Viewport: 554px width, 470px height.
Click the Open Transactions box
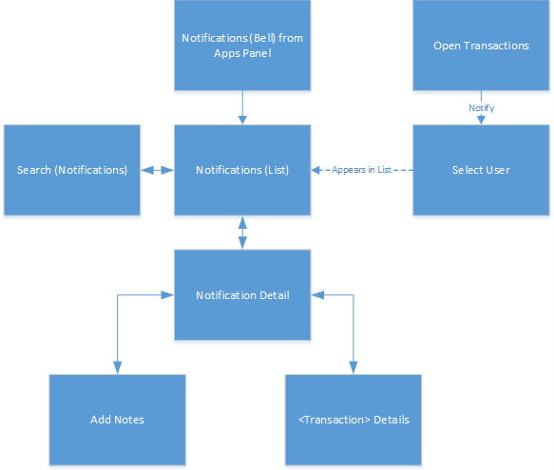pos(481,46)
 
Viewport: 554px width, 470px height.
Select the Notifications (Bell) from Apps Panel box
pos(242,46)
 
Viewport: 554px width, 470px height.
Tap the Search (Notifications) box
pos(72,170)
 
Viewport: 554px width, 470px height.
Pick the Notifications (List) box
pos(242,170)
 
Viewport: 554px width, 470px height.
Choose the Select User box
pos(481,170)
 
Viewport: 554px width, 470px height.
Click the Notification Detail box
pos(242,294)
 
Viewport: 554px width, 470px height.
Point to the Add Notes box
pos(117,420)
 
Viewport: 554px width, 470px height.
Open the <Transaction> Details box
pos(353,420)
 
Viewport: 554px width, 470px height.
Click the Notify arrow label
pos(481,107)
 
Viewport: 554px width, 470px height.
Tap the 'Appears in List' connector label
pos(362,170)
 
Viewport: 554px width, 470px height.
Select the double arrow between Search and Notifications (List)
pos(157,170)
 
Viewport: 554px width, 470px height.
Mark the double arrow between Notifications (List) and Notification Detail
pos(242,232)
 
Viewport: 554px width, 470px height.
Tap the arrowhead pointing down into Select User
pos(481,120)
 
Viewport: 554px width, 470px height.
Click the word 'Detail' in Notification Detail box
pos(273,294)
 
